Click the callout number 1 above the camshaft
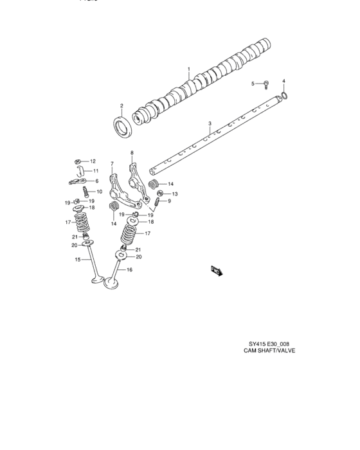(x=189, y=69)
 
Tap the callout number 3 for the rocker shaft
(x=210, y=123)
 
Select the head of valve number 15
(x=94, y=280)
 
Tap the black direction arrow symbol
(x=215, y=272)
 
